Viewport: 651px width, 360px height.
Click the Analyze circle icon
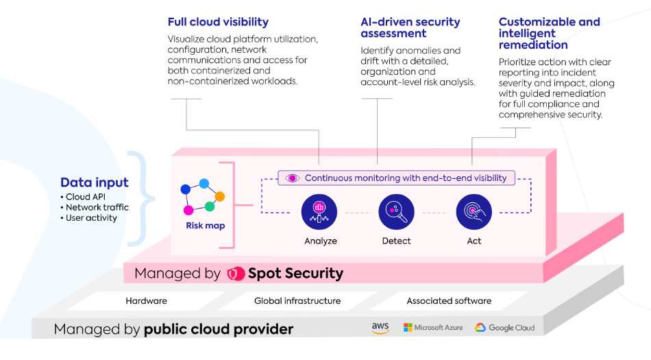coord(319,212)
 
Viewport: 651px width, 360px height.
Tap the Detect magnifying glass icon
coord(396,212)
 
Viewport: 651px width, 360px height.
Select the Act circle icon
coord(474,212)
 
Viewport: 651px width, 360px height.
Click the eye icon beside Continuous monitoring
coord(293,178)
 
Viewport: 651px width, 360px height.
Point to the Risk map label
coord(205,226)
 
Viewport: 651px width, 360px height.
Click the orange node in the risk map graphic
coord(220,196)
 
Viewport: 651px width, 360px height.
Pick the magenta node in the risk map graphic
coord(188,210)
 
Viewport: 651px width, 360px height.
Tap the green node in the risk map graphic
coord(210,206)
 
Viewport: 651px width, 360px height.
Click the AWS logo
coord(380,328)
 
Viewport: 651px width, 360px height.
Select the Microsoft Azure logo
coord(433,328)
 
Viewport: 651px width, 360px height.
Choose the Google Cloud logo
coord(505,328)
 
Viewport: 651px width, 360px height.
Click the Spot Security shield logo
coord(236,274)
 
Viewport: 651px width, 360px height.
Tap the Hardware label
coord(146,300)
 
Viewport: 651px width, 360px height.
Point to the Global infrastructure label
coord(297,300)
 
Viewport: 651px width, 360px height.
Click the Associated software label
coord(449,300)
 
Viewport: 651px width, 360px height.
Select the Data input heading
coord(95,182)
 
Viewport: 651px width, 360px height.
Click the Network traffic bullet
coord(95,207)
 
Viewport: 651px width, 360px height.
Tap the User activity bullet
coord(89,217)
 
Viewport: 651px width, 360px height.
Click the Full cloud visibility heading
coord(218,22)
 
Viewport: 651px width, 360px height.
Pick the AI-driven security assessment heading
coord(410,27)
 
